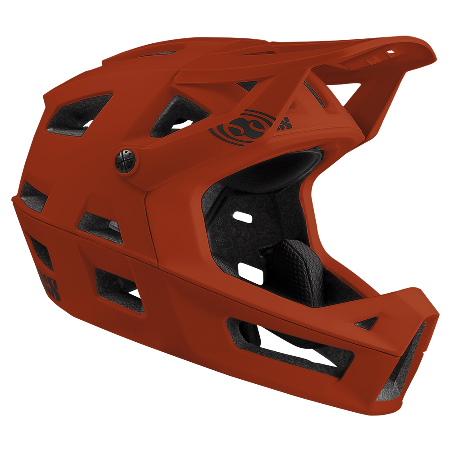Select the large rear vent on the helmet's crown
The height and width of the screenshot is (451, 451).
[x=77, y=115]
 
